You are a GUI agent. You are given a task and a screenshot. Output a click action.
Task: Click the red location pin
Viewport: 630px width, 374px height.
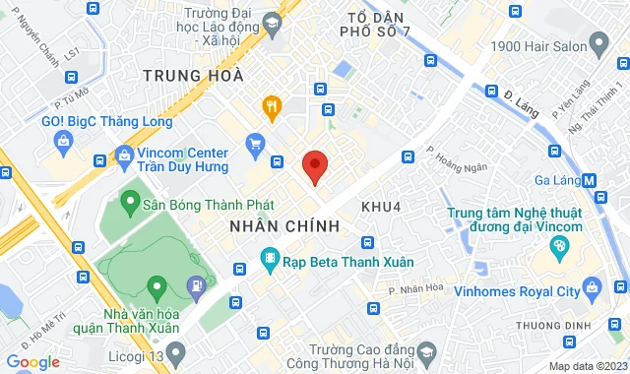314,166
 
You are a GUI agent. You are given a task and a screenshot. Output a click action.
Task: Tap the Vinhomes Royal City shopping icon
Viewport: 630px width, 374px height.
591,288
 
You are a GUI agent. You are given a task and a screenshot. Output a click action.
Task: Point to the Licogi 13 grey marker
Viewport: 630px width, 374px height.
176,350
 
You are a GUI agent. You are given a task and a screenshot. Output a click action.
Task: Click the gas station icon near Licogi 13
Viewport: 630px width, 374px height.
197,285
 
